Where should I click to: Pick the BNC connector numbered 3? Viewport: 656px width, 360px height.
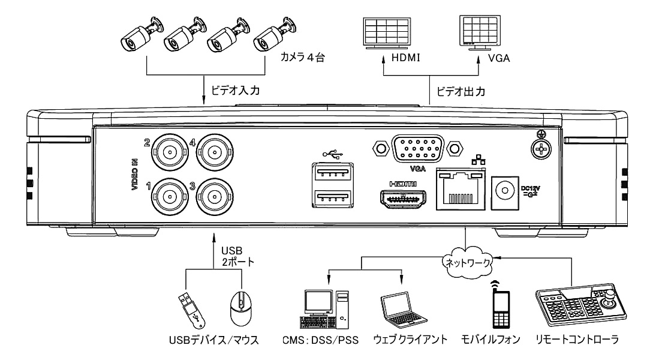[x=213, y=194]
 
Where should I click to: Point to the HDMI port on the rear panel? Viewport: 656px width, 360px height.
[x=402, y=197]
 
